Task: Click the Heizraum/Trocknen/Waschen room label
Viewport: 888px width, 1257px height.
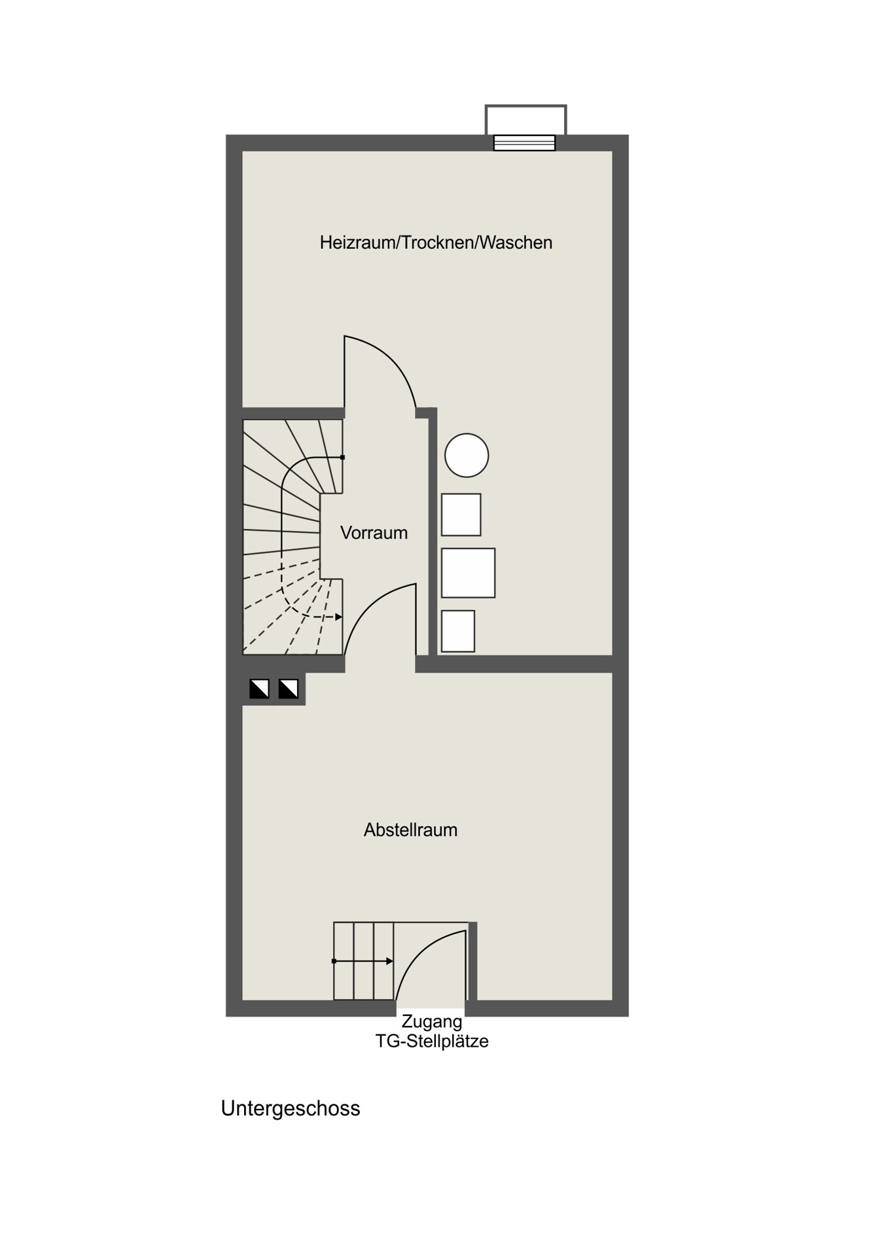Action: coord(436,243)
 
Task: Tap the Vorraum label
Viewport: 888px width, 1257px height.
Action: coord(374,533)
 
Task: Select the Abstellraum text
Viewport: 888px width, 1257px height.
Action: coord(410,830)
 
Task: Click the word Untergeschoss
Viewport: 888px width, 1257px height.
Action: coord(291,1108)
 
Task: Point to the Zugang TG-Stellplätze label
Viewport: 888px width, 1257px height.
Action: coord(432,1031)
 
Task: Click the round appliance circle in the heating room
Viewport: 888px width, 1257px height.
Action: coord(467,456)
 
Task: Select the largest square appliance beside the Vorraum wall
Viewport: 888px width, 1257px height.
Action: coord(468,573)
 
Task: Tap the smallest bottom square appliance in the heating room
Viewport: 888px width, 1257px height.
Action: coord(458,631)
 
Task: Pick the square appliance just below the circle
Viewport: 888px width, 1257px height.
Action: coord(461,515)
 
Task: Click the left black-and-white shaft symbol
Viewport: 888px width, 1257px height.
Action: coord(259,689)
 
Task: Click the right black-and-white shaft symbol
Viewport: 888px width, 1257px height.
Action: coord(289,689)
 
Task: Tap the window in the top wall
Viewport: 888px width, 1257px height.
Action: coord(524,143)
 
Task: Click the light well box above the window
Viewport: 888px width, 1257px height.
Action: coord(525,120)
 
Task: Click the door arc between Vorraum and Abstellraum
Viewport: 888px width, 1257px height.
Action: coord(370,602)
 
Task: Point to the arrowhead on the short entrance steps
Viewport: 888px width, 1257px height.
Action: coord(390,961)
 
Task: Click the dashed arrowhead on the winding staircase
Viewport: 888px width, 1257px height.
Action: coord(339,617)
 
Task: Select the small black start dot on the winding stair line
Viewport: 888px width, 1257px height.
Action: coord(342,457)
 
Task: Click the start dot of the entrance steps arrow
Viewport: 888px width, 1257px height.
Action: coord(334,961)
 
